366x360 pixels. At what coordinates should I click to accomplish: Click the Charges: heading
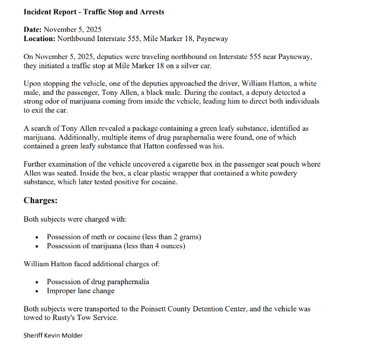40,201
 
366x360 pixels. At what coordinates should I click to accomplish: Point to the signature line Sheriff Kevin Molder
53,335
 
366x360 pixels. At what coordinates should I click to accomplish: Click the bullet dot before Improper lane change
37,291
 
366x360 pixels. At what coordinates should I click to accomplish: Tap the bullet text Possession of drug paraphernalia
98,282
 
